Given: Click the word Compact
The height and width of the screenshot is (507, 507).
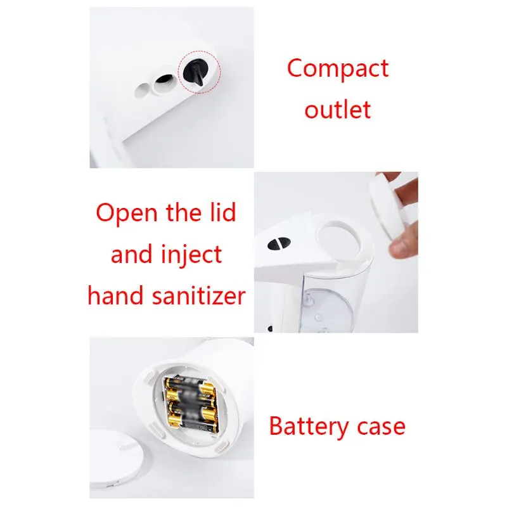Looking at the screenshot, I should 337,68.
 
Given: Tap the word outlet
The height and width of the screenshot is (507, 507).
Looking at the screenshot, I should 337,109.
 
